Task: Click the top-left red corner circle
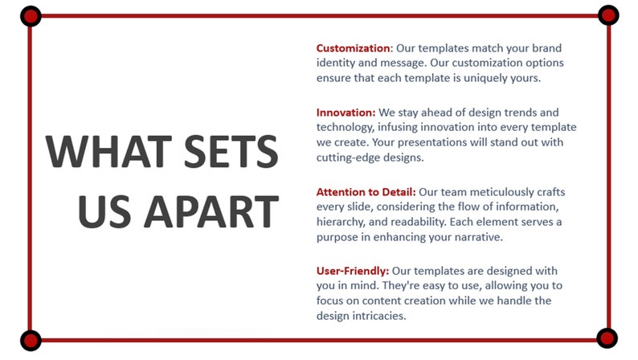31,15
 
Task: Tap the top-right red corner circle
608,14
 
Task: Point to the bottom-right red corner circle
607,338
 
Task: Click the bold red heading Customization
353,48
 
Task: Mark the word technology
349,127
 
